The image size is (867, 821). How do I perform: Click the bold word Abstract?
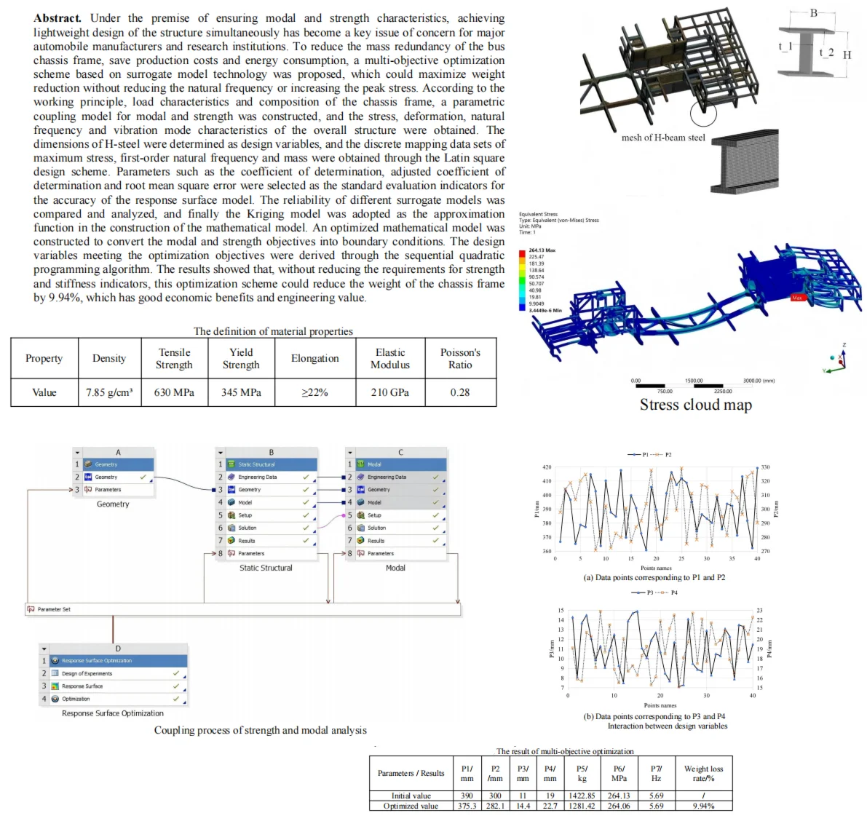(58, 18)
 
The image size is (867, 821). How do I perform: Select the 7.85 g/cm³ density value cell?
(109, 392)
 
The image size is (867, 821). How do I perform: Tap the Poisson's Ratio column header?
(460, 358)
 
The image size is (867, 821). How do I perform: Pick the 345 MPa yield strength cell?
(241, 392)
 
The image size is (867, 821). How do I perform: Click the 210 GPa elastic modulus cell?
(389, 392)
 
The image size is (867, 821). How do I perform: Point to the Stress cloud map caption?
(695, 405)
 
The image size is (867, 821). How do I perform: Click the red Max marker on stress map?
(797, 298)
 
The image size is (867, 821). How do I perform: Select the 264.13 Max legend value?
(542, 250)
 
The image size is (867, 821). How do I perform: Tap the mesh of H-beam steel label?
(663, 138)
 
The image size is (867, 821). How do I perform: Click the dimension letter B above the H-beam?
(814, 13)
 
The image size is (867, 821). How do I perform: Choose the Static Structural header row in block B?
(266, 464)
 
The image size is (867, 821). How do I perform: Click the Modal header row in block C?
(396, 464)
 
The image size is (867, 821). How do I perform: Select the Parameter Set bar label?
(54, 609)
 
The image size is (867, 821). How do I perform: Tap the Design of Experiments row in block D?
(87, 673)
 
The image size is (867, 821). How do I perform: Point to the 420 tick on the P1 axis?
(547, 467)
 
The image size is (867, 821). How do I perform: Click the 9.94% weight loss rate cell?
(703, 806)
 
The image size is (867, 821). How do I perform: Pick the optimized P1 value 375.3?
(467, 806)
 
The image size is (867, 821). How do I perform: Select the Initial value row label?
(411, 796)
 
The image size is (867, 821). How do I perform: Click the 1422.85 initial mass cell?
(582, 796)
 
